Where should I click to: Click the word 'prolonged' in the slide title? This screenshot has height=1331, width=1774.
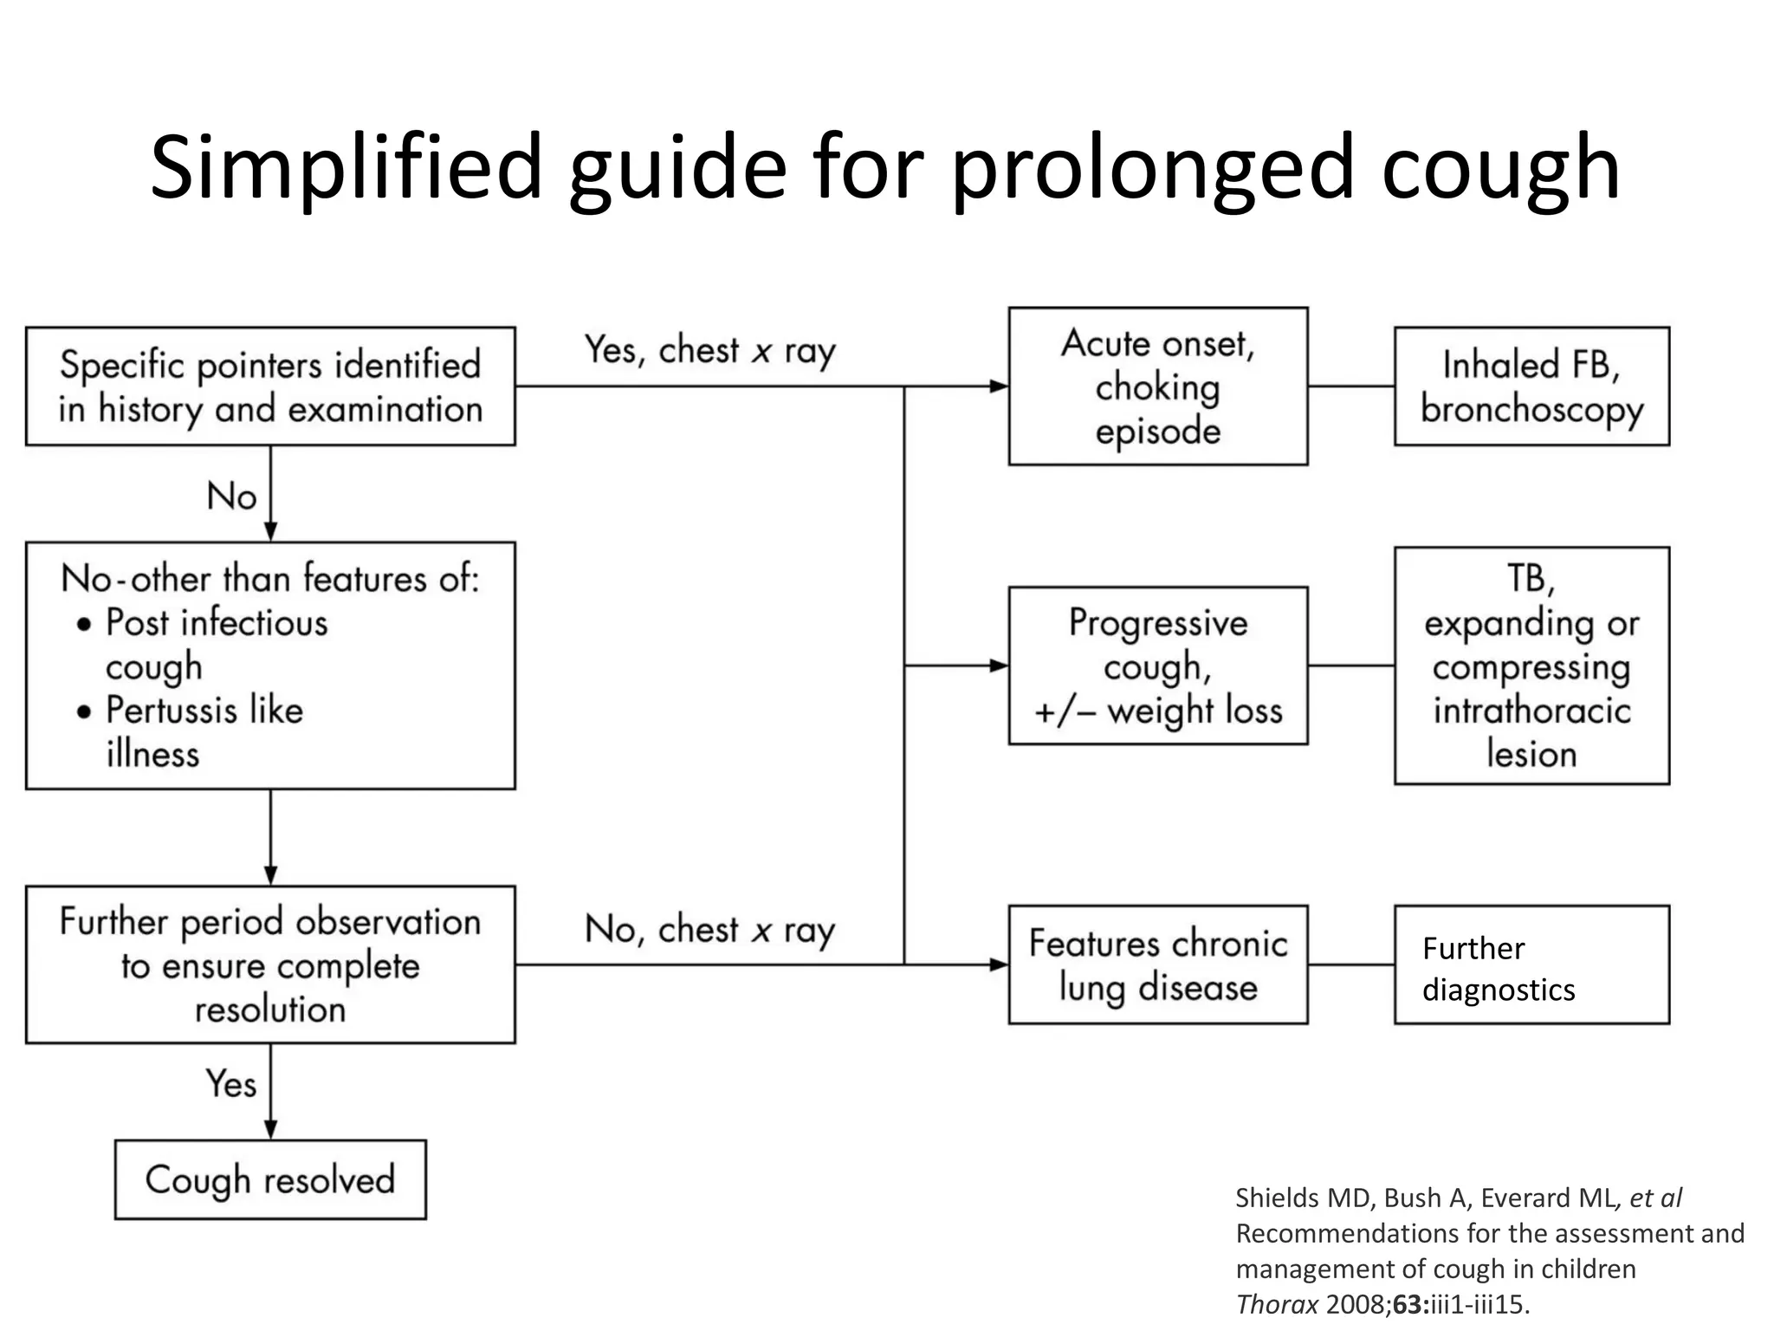(x=1152, y=169)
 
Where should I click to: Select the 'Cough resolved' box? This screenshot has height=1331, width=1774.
(x=270, y=1180)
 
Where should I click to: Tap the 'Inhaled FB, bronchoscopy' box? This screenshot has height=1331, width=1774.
(x=1531, y=386)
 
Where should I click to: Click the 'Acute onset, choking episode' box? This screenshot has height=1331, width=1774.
(x=1157, y=386)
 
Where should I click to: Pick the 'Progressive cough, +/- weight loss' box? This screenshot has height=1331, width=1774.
(x=1157, y=665)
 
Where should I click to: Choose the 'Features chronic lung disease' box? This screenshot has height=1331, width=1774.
(x=1157, y=964)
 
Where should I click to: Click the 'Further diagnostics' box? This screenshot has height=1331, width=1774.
(x=1531, y=965)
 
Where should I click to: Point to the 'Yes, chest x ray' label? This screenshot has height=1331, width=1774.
(x=709, y=351)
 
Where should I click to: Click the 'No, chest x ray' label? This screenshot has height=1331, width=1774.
(x=709, y=930)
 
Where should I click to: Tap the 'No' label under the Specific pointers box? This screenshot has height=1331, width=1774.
(x=231, y=497)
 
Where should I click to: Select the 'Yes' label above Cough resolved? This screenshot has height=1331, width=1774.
(x=230, y=1084)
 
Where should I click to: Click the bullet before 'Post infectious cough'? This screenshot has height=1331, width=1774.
(x=84, y=625)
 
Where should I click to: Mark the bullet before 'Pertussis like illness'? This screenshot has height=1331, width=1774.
(x=84, y=712)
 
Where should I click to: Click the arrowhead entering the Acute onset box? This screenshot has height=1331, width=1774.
(x=1000, y=386)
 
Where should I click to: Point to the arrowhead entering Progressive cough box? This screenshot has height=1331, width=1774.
(x=1000, y=665)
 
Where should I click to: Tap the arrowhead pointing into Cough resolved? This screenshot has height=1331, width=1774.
(x=270, y=1129)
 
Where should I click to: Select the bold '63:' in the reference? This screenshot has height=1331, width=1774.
(x=1411, y=1304)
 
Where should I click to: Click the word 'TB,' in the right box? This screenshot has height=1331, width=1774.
(x=1531, y=579)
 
